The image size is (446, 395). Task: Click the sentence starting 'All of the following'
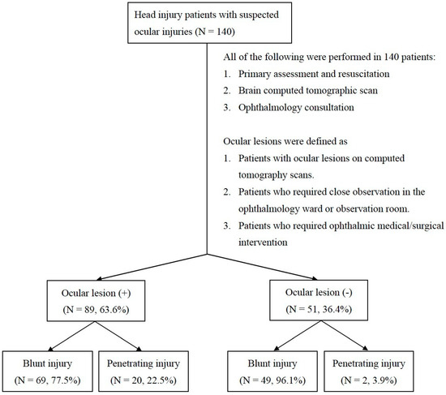click(x=333, y=58)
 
